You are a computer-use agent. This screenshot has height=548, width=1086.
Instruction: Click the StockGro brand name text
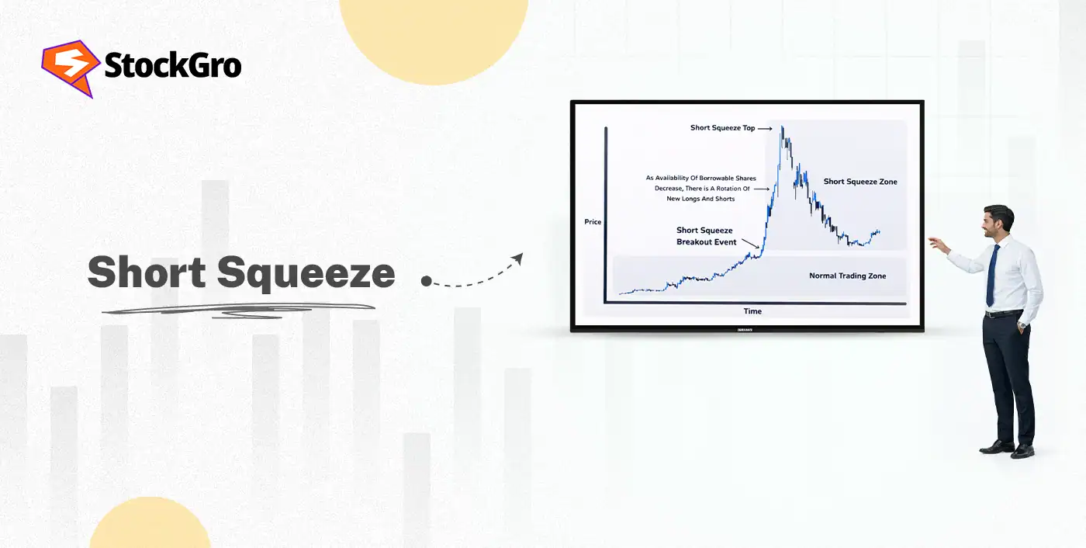pos(172,66)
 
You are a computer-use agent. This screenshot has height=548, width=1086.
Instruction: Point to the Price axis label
pos(593,222)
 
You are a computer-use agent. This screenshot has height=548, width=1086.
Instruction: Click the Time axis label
pos(752,311)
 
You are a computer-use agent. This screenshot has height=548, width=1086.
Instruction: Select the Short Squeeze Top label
pos(722,128)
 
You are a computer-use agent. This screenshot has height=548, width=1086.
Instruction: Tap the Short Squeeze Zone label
pos(860,182)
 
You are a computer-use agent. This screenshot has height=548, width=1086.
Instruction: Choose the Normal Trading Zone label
pos(847,276)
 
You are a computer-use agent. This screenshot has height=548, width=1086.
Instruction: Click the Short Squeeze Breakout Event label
pos(704,235)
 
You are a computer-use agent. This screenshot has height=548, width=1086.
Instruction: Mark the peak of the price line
pos(783,127)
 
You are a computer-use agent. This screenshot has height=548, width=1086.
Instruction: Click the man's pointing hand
pos(936,244)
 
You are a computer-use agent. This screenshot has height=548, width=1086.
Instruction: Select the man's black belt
pos(1005,313)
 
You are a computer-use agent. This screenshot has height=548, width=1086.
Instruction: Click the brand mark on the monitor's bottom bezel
pos(747,328)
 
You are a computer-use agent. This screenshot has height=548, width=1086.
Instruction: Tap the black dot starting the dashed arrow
pos(425,280)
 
